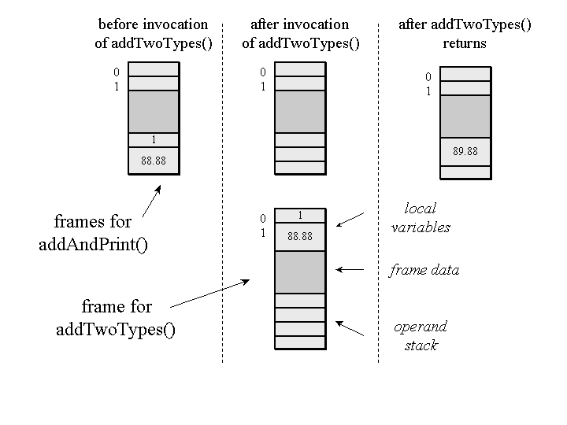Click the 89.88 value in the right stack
click(465, 151)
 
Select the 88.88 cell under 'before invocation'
click(154, 161)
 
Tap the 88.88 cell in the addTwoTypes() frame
click(300, 235)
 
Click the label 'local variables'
click(421, 218)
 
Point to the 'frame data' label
click(424, 270)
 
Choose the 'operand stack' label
click(421, 335)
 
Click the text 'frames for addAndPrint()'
click(93, 233)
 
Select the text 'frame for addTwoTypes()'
click(116, 318)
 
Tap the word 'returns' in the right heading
click(465, 43)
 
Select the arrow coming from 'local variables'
click(350, 219)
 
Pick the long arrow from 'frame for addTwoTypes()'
click(211, 292)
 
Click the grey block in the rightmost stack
click(465, 116)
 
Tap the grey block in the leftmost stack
click(154, 112)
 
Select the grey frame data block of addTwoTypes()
click(300, 272)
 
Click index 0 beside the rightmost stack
click(428, 77)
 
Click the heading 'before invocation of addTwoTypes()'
click(154, 34)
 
